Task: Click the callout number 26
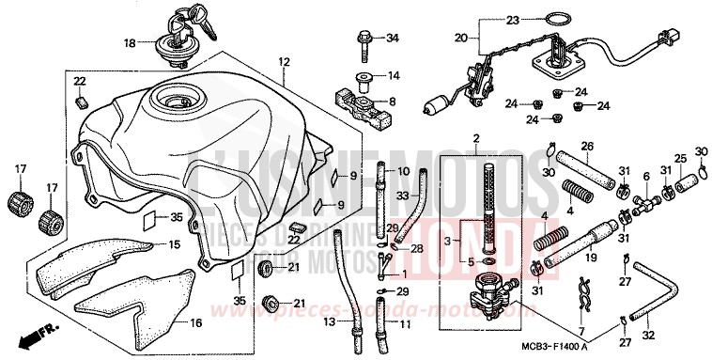point(587,146)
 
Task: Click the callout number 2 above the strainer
point(476,139)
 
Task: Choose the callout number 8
point(392,102)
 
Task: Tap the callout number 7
point(580,333)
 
